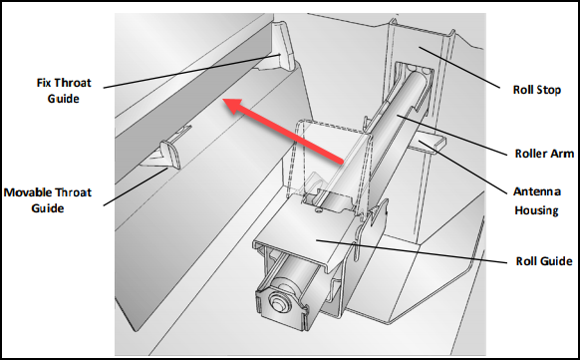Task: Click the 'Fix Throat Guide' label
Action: (x=64, y=91)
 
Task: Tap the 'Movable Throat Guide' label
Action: (x=48, y=200)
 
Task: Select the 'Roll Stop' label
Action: (x=537, y=90)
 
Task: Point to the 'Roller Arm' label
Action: (x=544, y=154)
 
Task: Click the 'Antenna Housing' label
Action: (x=537, y=200)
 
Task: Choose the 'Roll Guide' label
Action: (x=544, y=261)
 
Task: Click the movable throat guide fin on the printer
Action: (x=170, y=154)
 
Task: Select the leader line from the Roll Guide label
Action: (x=412, y=252)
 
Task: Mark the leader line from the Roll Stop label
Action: (x=459, y=67)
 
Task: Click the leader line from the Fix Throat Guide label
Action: (x=191, y=72)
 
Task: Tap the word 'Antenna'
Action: (x=537, y=191)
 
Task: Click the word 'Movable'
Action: (x=28, y=192)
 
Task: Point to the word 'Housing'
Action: (x=537, y=210)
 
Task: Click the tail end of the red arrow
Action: (x=341, y=161)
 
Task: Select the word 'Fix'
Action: (x=44, y=83)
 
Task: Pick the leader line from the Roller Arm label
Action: (x=452, y=136)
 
